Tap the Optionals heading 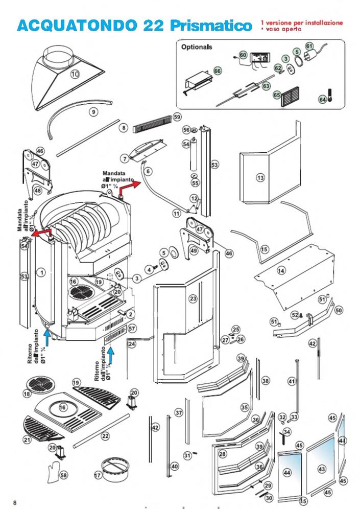click(197, 47)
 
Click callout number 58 click(63, 475)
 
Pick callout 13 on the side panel click(260, 178)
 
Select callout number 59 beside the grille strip click(177, 117)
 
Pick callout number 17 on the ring click(98, 475)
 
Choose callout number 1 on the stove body click(42, 273)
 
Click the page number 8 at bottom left click(15, 502)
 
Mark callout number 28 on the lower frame click(222, 454)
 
